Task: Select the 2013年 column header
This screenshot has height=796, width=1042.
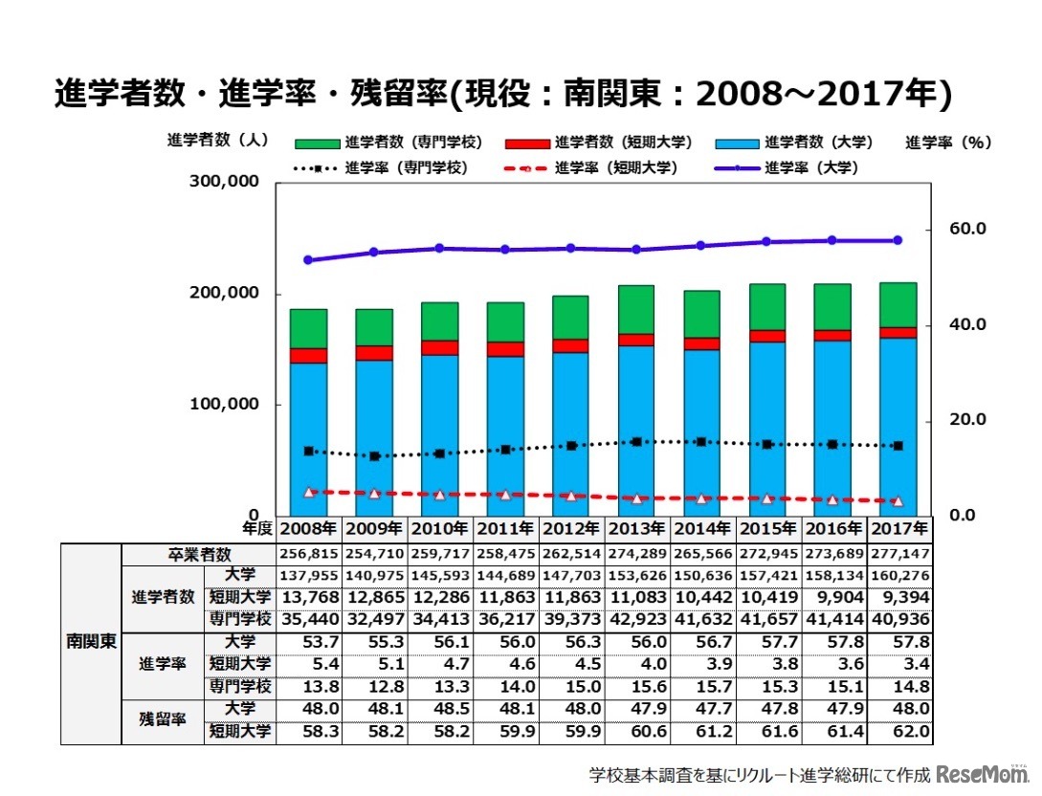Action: tap(637, 528)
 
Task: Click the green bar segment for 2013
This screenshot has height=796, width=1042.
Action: tap(636, 309)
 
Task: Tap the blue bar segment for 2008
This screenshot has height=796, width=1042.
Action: tap(308, 438)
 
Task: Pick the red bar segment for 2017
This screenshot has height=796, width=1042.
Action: tap(898, 332)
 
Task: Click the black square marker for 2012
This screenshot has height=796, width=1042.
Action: tap(571, 446)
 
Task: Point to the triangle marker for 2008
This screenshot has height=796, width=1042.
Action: tap(308, 492)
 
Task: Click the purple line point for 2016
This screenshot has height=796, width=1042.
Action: tap(831, 240)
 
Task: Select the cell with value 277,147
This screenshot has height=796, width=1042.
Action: tap(898, 554)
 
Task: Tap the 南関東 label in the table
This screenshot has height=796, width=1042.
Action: tap(91, 641)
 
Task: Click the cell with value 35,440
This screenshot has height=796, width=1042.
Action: tap(308, 618)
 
